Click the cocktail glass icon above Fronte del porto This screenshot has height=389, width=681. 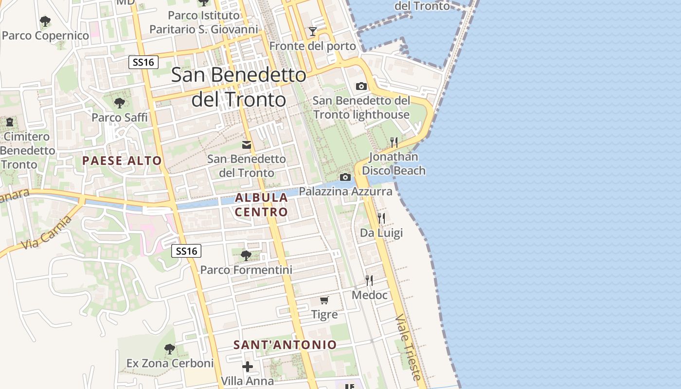pyautogui.click(x=312, y=32)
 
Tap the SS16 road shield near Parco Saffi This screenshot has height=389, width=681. pyautogui.click(x=144, y=62)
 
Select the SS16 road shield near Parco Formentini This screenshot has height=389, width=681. pyautogui.click(x=186, y=251)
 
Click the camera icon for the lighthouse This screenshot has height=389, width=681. pyautogui.click(x=361, y=86)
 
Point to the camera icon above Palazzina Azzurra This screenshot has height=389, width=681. pyautogui.click(x=345, y=177)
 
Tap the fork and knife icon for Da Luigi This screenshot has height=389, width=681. pyautogui.click(x=381, y=218)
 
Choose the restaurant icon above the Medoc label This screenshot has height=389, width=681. pyautogui.click(x=369, y=280)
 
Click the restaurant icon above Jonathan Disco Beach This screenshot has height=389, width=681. pyautogui.click(x=394, y=142)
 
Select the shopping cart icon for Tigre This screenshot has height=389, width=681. pyautogui.click(x=324, y=300)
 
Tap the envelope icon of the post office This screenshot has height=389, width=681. pyautogui.click(x=247, y=144)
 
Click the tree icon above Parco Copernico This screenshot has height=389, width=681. pyautogui.click(x=45, y=21)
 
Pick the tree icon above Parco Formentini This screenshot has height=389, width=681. pyautogui.click(x=246, y=255)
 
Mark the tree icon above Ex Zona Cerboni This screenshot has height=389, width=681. pyautogui.click(x=169, y=349)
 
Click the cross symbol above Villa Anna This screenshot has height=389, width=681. pyautogui.click(x=248, y=366)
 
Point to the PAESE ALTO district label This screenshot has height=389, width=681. pyautogui.click(x=122, y=160)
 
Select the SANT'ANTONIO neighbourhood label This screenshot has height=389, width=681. pyautogui.click(x=285, y=345)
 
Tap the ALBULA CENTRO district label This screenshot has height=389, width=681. pyautogui.click(x=262, y=205)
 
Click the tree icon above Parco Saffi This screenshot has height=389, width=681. pyautogui.click(x=119, y=103)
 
